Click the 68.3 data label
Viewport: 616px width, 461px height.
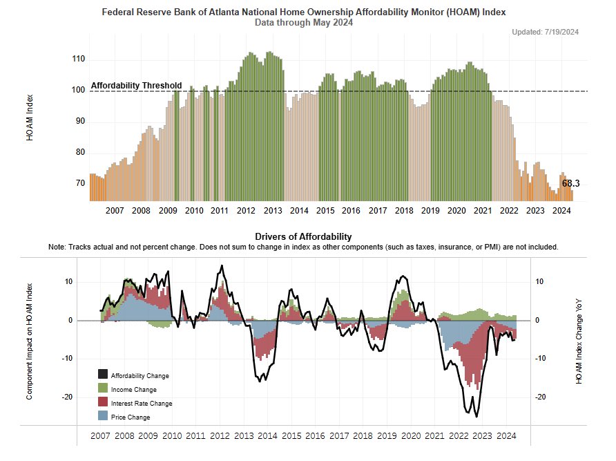point(570,184)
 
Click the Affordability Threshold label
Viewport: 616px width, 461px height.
point(136,86)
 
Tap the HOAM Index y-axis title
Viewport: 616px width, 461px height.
point(30,123)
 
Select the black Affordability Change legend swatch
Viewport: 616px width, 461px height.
point(103,376)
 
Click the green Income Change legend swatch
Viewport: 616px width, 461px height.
point(103,390)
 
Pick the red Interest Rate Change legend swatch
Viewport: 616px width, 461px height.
point(103,403)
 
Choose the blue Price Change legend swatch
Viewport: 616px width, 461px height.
point(103,417)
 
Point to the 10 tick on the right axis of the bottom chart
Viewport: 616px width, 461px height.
point(539,282)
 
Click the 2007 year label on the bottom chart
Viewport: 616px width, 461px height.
point(101,437)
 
